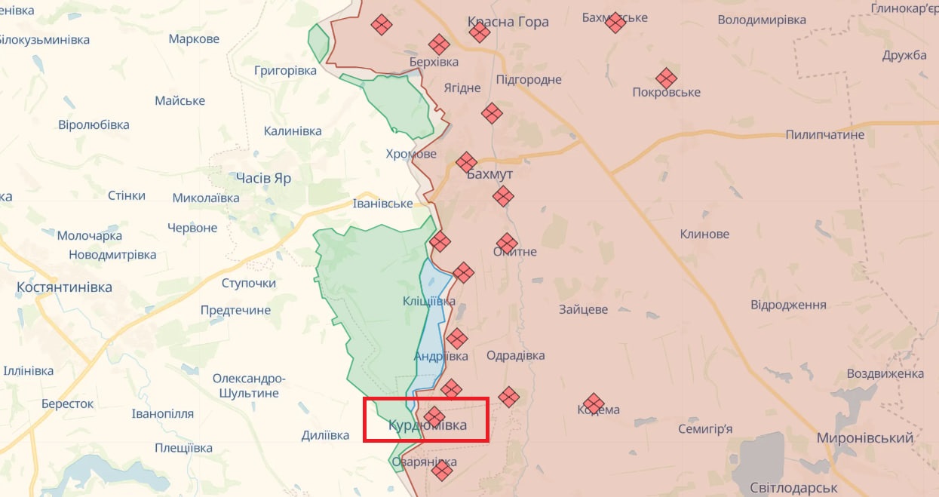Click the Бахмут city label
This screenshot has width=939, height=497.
[x=489, y=174]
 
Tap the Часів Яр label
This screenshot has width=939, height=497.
[x=263, y=179]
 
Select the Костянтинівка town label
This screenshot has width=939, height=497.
[x=64, y=287]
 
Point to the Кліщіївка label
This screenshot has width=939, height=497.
[x=428, y=301]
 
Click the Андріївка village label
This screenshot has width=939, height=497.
[x=441, y=356]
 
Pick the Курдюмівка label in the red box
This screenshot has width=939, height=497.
[x=428, y=426]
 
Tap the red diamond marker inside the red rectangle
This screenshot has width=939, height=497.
[x=434, y=416]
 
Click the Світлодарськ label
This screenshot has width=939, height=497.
[x=795, y=487]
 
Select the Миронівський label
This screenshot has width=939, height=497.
[x=865, y=438]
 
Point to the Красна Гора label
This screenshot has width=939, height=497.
[x=508, y=22]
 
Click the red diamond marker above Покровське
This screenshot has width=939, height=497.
[x=665, y=78]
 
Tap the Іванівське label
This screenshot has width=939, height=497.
[x=383, y=204]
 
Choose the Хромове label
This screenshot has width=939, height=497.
[x=411, y=154]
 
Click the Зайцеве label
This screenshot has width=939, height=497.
[x=583, y=309]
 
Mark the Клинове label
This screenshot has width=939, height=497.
[x=704, y=234]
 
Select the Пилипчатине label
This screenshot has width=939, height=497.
[x=824, y=135]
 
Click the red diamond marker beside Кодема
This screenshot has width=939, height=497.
[x=594, y=403]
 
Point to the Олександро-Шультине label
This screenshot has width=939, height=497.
[x=249, y=385]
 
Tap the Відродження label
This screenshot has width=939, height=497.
[x=788, y=305]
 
